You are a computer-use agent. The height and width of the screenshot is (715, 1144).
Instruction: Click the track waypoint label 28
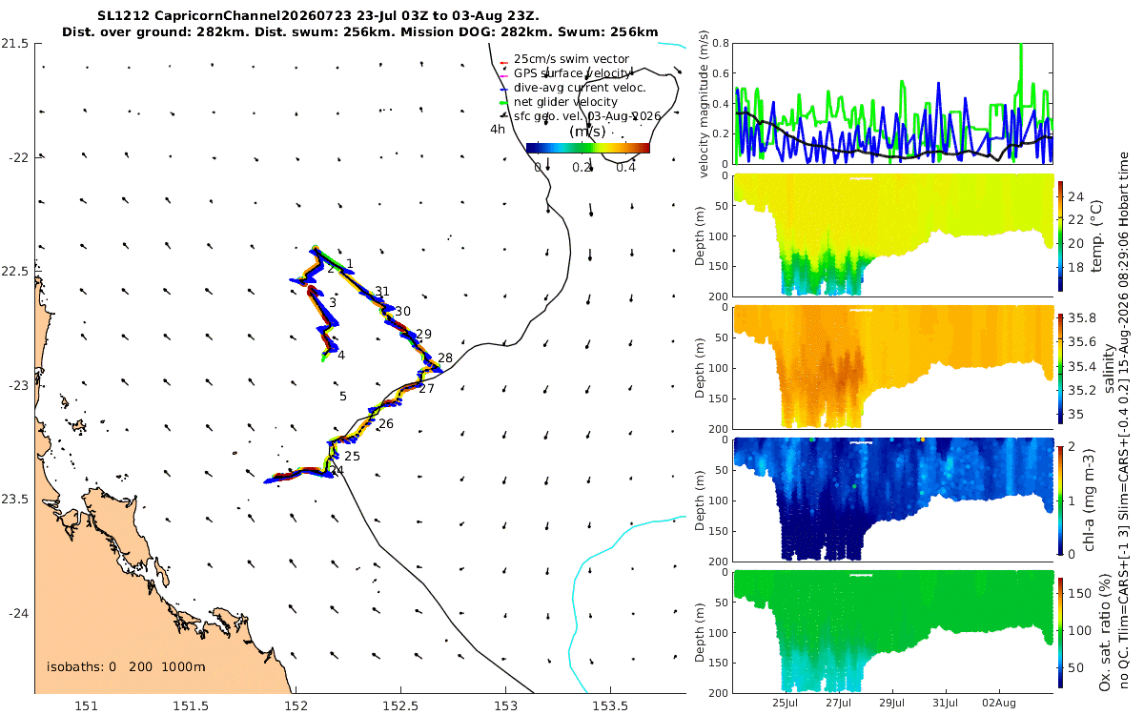click(x=445, y=358)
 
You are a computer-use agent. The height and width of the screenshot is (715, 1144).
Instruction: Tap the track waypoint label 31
click(x=382, y=291)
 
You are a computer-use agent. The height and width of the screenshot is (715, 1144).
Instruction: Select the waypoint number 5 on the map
click(x=343, y=396)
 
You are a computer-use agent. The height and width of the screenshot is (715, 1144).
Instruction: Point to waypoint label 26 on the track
click(x=386, y=423)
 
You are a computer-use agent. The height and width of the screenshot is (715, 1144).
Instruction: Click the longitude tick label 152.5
click(x=400, y=705)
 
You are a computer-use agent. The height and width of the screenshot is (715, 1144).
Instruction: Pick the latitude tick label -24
click(x=18, y=613)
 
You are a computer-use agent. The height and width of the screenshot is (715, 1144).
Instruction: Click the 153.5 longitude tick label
click(x=610, y=705)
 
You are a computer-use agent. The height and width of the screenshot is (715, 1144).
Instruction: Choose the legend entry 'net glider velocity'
click(x=565, y=102)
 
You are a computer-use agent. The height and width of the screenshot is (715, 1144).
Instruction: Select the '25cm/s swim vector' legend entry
click(x=571, y=59)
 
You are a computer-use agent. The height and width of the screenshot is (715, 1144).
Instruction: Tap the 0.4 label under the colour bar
click(x=626, y=168)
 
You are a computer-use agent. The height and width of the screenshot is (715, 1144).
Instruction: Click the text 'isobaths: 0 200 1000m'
click(x=126, y=666)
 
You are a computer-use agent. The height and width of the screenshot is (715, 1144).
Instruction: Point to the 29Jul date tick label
click(x=891, y=703)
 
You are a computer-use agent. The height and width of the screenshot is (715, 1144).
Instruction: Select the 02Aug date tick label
click(x=999, y=703)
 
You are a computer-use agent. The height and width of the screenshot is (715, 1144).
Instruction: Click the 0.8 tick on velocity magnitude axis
click(x=720, y=44)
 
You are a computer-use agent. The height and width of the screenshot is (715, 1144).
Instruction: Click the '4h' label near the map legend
click(x=498, y=130)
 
